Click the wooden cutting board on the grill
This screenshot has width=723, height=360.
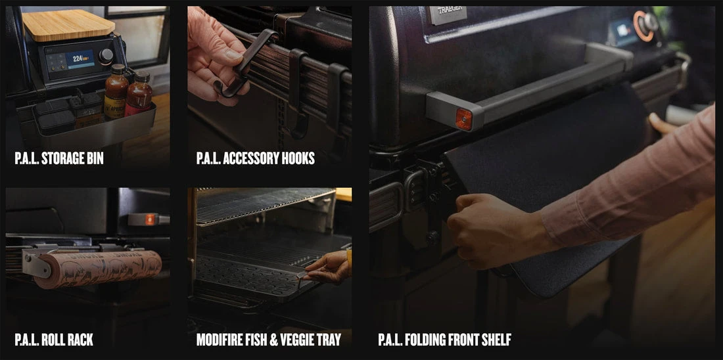pyautogui.click(x=68, y=24)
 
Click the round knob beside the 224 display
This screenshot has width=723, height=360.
pyautogui.click(x=106, y=56)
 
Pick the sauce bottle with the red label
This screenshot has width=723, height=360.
pyautogui.click(x=139, y=95)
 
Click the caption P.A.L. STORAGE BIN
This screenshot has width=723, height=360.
pyautogui.click(x=59, y=158)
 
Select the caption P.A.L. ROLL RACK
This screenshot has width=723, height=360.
pyautogui.click(x=54, y=340)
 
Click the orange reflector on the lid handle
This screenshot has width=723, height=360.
pyautogui.click(x=464, y=119)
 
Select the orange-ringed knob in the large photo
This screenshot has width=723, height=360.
pyautogui.click(x=646, y=25)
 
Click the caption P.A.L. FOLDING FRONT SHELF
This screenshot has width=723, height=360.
pyautogui.click(x=444, y=340)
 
